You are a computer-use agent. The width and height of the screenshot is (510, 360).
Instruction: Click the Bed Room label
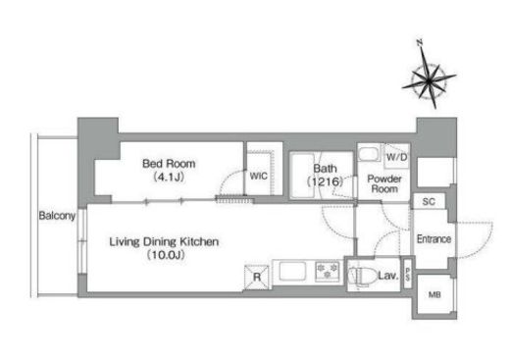169,164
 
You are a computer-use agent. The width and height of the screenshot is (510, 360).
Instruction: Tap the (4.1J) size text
169,177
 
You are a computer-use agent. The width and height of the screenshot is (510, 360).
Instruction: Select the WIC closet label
258,176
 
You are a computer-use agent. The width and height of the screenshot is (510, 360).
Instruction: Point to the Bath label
325,169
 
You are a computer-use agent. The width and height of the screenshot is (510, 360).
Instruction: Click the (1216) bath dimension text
325,181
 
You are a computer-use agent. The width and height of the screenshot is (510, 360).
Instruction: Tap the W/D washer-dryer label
396,157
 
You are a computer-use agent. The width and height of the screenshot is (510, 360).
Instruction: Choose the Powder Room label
384,183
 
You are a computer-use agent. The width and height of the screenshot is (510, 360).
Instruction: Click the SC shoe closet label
429,201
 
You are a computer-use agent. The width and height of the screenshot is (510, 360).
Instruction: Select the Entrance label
433,239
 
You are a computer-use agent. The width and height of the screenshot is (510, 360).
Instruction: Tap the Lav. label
388,276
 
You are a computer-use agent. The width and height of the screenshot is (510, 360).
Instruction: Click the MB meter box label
434,295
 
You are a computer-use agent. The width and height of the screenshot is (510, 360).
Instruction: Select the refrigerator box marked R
257,278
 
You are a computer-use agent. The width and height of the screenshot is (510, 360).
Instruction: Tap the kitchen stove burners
327,272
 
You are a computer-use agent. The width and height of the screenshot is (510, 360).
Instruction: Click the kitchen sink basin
292,271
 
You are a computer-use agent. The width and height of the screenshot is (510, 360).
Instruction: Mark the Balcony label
57,216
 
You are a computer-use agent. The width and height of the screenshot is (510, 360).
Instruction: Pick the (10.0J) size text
166,255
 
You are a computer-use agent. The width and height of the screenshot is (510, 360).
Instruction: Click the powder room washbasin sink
369,153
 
